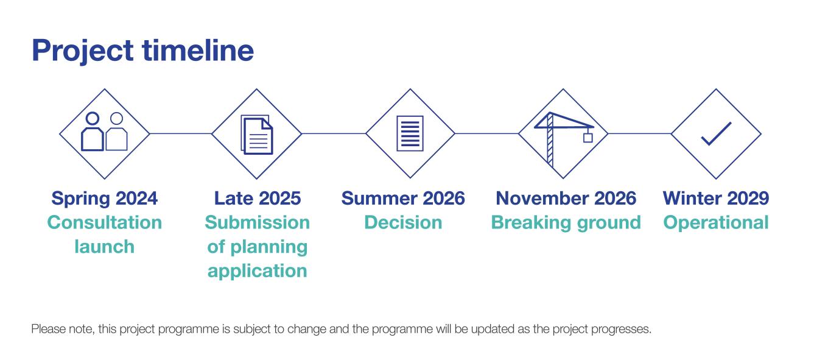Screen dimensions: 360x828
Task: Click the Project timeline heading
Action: click(x=142, y=51)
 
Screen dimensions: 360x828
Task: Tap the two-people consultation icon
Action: click(x=104, y=132)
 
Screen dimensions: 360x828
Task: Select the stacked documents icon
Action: click(x=257, y=134)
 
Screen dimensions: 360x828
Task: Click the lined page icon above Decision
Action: click(x=410, y=133)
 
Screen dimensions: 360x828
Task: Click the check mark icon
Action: click(x=716, y=133)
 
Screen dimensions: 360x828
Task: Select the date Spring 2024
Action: click(x=104, y=198)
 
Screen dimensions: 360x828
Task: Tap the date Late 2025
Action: click(x=257, y=198)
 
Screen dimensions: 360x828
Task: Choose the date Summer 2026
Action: click(x=403, y=198)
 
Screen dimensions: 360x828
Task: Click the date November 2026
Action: click(x=566, y=198)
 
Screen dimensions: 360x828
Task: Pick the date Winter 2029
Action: click(x=715, y=198)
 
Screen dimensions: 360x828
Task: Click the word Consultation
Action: click(x=104, y=222)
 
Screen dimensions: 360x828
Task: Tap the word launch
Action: click(x=104, y=247)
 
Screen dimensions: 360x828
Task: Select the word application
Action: click(x=257, y=271)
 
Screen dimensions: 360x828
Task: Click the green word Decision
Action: click(x=403, y=222)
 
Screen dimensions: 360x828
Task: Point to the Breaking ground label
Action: click(x=566, y=222)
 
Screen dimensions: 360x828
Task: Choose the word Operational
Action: click(x=715, y=222)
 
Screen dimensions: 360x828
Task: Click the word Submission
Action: click(x=257, y=222)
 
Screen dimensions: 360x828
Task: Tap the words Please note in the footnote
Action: click(x=56, y=330)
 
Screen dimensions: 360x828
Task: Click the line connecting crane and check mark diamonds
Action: click(x=639, y=133)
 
